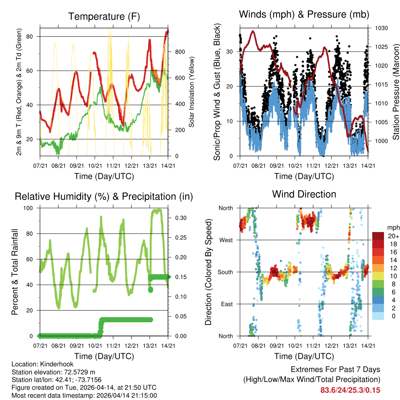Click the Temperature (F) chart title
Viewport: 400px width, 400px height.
click(x=104, y=16)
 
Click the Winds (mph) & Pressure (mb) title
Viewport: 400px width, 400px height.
click(x=304, y=14)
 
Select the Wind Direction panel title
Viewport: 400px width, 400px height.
click(x=304, y=194)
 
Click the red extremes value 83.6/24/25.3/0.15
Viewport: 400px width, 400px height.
click(x=350, y=390)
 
